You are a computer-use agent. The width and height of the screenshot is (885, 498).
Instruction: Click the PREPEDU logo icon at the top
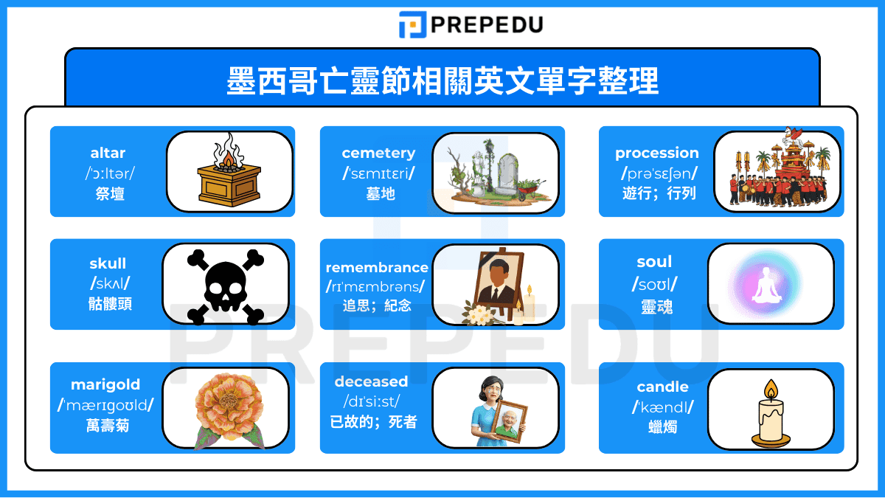coord(412,24)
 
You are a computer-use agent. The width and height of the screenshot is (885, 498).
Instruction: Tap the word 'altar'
coord(108,153)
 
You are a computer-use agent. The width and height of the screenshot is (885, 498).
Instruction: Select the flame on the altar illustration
coord(228,157)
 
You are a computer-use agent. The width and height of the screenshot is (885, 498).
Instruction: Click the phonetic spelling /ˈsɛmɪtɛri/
coord(378,173)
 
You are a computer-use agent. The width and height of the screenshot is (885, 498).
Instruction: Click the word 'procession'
coord(657,153)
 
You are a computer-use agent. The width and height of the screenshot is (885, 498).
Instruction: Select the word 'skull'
coord(108,263)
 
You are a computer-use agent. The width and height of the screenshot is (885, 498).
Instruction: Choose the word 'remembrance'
coord(377,267)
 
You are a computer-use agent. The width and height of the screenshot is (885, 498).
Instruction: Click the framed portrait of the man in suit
coord(492,282)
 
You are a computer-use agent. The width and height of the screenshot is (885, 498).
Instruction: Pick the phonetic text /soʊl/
coord(655,284)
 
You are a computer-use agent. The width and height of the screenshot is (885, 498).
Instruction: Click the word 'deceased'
coord(371,381)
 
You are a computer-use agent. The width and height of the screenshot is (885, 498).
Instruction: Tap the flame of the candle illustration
coord(771,388)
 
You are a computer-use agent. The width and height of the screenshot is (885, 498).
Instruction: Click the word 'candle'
coord(662,387)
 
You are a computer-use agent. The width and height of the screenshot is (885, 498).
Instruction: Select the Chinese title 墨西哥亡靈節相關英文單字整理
coord(442,81)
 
